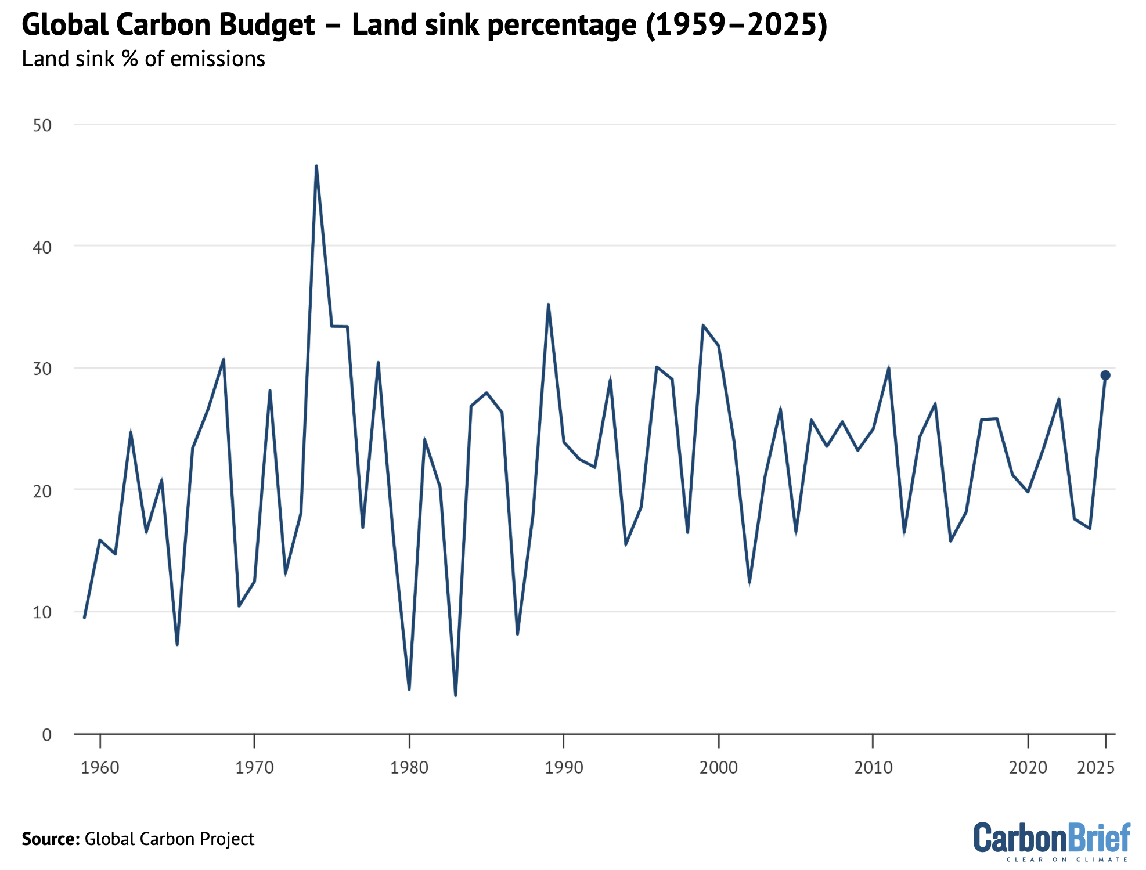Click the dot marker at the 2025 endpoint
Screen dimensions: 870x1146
[1105, 376]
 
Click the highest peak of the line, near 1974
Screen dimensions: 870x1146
[316, 167]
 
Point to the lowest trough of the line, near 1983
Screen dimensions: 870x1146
[455, 694]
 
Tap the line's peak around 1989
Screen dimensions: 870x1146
[548, 305]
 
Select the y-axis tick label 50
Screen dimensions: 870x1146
[42, 125]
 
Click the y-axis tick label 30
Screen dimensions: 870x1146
[42, 369]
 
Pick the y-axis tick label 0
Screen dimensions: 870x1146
[47, 735]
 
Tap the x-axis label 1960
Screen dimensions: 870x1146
[100, 768]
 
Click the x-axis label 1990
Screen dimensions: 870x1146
[563, 768]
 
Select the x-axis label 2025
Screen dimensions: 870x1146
[1095, 768]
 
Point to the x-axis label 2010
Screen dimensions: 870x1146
[873, 768]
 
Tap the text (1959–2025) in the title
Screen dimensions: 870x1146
[736, 26]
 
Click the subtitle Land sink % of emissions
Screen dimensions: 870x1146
[143, 59]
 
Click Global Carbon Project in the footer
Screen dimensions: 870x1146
[170, 839]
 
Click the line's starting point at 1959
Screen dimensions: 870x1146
[84, 617]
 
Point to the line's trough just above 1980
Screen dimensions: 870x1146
[409, 688]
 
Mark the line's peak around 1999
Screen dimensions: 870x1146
[703, 326]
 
